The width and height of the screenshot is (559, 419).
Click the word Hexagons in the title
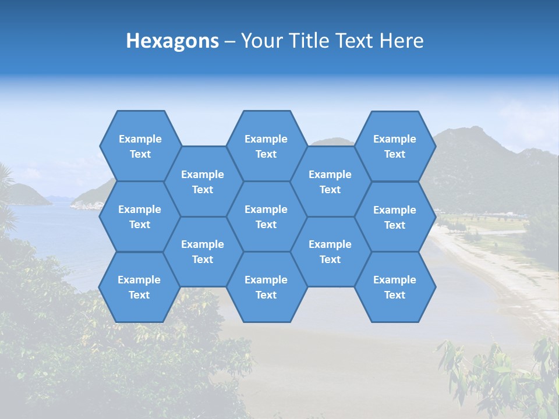point(172,41)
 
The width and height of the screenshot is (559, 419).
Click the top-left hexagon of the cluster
point(140,146)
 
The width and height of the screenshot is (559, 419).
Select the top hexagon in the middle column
point(266,146)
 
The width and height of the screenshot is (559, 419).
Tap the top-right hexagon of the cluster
point(395,146)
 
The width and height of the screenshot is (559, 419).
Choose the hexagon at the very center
point(266,216)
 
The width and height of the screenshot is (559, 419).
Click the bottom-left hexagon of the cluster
point(139,287)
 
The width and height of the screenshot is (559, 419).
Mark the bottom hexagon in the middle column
point(266,287)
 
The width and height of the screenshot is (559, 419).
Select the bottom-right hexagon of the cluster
point(395,287)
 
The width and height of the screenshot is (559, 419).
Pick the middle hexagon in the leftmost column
point(140,216)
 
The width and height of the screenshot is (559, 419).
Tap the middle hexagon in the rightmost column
point(395,217)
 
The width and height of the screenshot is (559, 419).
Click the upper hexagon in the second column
point(203,182)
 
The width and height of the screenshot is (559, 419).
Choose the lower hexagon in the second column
point(203,251)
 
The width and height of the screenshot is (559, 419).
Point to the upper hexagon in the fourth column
point(330,182)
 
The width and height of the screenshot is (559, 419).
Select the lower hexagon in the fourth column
point(330,251)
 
